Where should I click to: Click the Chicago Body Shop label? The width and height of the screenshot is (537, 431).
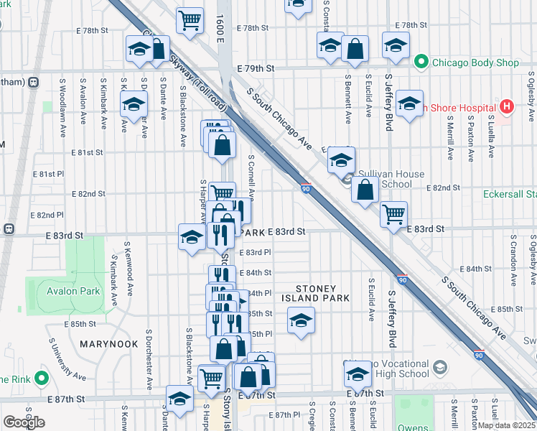(x=475, y=62)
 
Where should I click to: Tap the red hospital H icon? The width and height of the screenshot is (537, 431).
(x=508, y=108)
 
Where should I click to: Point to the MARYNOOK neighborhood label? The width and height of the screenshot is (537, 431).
(x=108, y=344)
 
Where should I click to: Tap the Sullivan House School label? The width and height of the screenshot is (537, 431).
(x=387, y=179)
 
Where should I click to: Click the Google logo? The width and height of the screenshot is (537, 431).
(x=24, y=422)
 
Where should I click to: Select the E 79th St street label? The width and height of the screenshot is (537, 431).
(x=260, y=68)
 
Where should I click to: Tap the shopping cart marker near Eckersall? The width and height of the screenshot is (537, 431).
(x=393, y=213)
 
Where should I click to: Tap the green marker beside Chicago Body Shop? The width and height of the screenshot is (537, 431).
(x=421, y=62)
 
